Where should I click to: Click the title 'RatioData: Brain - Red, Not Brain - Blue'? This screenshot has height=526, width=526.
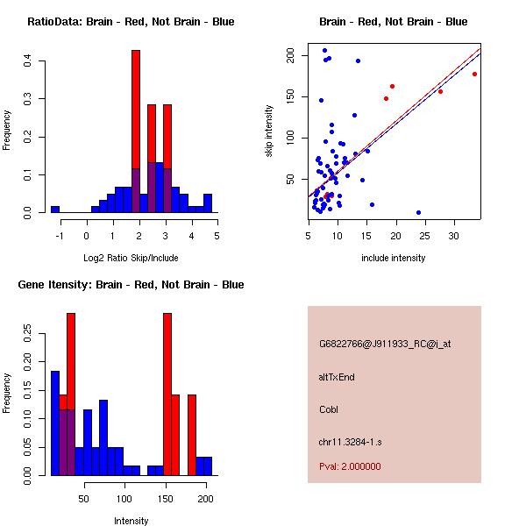[131, 22]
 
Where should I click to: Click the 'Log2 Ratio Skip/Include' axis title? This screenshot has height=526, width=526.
[131, 258]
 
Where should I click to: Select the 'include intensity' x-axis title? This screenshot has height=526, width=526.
[394, 258]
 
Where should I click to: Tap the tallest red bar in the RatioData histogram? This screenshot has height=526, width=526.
[136, 131]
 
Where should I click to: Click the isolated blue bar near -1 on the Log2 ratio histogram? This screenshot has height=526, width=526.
[55, 210]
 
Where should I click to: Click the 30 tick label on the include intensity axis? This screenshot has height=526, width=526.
[454, 235]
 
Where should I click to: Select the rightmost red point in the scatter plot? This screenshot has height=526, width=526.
[474, 74]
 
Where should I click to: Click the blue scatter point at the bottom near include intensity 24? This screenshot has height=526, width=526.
[418, 212]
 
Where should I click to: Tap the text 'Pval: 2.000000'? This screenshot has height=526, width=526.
[350, 467]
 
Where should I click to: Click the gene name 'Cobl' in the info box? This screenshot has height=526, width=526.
[329, 409]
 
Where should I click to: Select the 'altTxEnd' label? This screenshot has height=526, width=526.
[337, 377]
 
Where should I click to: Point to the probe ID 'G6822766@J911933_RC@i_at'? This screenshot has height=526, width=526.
[384, 345]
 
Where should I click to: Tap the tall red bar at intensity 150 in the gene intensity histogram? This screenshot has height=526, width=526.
[167, 394]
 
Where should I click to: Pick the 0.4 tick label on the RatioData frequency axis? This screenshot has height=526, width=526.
[29, 60]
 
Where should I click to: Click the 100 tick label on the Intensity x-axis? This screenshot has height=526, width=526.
[124, 499]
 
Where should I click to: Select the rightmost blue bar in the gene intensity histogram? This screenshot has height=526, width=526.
[203, 466]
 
